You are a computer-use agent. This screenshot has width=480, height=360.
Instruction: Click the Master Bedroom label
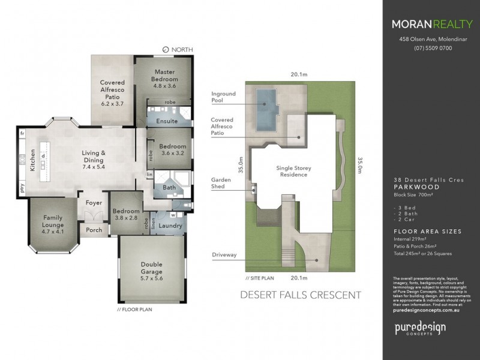click(x=164, y=76)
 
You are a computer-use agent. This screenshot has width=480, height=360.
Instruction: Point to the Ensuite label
click(x=167, y=121)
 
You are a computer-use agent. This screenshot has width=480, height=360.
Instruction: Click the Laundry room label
click(x=170, y=226)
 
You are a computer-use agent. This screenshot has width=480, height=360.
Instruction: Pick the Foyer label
click(x=94, y=203)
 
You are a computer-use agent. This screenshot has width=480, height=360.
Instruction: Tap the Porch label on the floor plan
click(x=93, y=230)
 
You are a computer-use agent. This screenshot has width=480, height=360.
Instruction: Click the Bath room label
click(x=169, y=188)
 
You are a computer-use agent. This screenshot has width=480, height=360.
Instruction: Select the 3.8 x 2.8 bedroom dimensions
click(x=125, y=219)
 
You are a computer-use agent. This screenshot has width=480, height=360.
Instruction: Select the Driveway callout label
click(x=224, y=255)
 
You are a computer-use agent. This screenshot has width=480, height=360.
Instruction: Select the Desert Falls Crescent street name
click(x=300, y=295)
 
